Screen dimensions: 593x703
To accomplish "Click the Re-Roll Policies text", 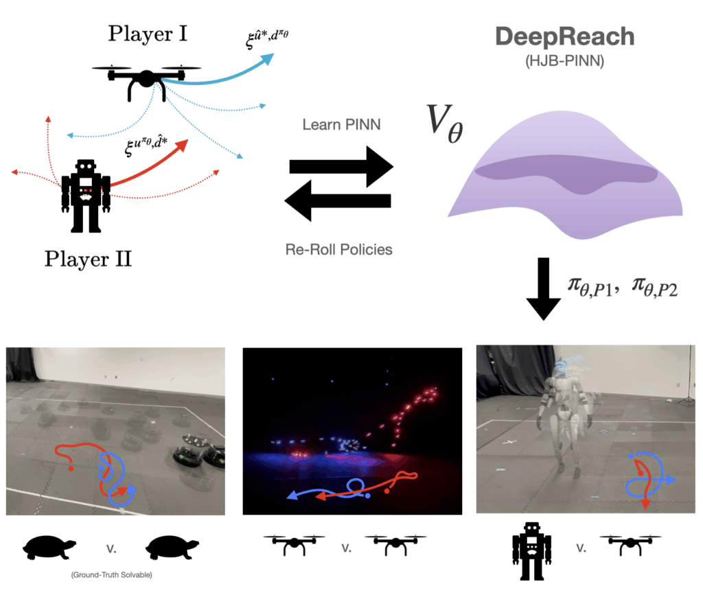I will (x=339, y=248).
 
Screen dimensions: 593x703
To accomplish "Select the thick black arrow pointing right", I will (x=341, y=167).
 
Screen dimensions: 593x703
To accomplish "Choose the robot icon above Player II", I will (x=86, y=196).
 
